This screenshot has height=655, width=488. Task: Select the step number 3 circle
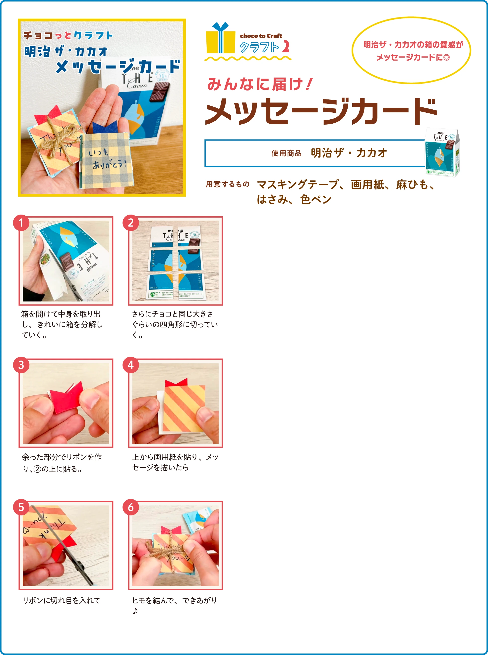tap(21, 365)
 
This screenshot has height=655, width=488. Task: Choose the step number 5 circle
tap(21, 507)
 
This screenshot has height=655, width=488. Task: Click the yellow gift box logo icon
tap(220, 38)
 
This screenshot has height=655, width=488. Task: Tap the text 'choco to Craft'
tap(261, 36)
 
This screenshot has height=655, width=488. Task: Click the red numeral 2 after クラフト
tap(286, 47)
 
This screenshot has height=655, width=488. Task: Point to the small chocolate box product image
tap(442, 153)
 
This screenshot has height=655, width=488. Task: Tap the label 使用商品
tap(286, 153)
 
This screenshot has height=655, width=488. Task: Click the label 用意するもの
tap(228, 184)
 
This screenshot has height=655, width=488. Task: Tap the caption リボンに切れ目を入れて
tap(61, 600)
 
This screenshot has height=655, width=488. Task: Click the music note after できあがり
tap(135, 611)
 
